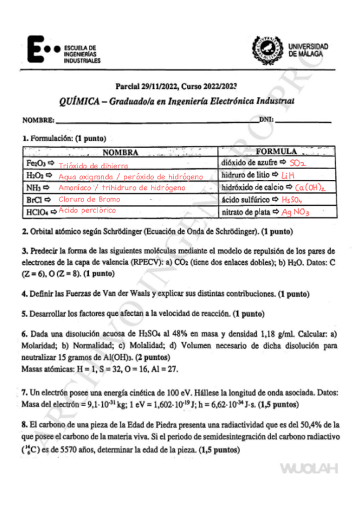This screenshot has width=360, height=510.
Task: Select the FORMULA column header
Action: (276, 152)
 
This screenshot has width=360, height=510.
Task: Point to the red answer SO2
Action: (298, 163)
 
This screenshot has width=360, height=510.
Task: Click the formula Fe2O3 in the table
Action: (36, 164)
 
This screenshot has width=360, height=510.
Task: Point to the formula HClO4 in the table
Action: (37, 212)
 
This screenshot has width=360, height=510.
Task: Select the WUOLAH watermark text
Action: (308, 469)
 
